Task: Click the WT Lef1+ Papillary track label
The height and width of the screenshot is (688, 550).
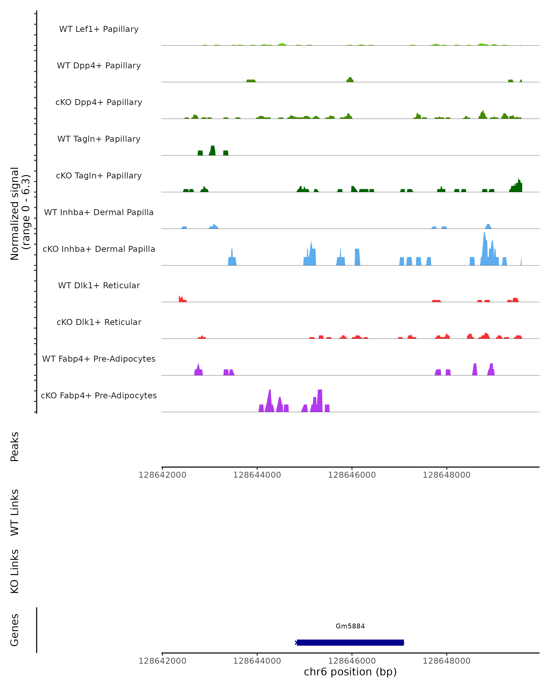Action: pyautogui.click(x=99, y=29)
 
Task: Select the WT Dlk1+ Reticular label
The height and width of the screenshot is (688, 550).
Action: pyautogui.click(x=99, y=285)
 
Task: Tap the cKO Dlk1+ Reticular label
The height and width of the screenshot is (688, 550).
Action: pyautogui.click(x=99, y=322)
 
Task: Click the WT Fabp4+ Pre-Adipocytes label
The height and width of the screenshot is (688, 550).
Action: pyautogui.click(x=99, y=359)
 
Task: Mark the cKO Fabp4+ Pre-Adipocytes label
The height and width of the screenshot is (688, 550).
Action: pyautogui.click(x=99, y=395)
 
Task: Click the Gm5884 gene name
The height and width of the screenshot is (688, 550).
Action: pyautogui.click(x=350, y=626)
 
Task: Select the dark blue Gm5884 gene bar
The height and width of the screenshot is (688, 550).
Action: pyautogui.click(x=350, y=642)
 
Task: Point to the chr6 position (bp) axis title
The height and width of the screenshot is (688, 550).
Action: pyautogui.click(x=350, y=672)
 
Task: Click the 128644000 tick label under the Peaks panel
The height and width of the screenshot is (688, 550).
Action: pyautogui.click(x=257, y=475)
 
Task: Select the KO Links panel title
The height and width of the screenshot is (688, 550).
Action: pyautogui.click(x=15, y=571)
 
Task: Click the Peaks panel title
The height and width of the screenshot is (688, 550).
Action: pyautogui.click(x=15, y=447)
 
